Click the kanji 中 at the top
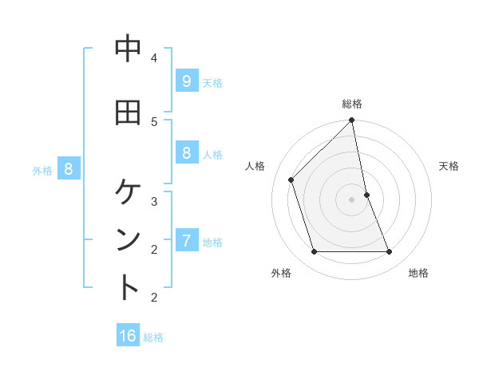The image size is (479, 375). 128,49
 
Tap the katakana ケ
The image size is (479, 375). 128,191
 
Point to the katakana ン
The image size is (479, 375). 128,240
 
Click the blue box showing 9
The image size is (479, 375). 186,81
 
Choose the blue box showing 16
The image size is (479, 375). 128,336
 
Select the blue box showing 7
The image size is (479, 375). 186,240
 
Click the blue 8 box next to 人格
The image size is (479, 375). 186,152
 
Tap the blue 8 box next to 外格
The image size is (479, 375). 69,168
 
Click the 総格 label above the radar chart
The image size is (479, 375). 352,104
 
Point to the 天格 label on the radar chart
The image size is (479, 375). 449,166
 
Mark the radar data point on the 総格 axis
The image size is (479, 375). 352,120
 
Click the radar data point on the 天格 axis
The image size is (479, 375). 366,194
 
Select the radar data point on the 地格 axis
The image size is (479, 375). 390,252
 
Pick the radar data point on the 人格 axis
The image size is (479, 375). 291,180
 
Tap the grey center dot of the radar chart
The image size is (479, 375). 352,199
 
